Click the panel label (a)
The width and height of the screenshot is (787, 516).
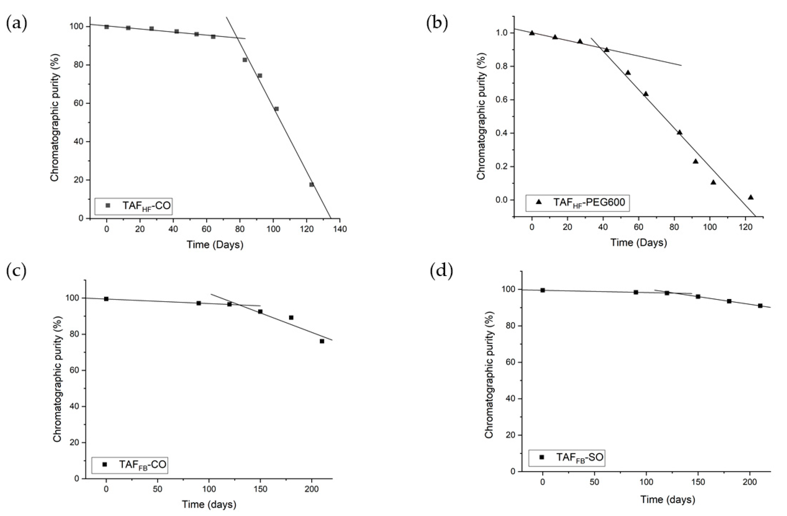[16, 24]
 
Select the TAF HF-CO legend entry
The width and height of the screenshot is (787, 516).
[133, 206]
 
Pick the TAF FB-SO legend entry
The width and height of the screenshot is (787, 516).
[567, 457]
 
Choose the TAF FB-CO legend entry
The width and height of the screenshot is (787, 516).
[129, 464]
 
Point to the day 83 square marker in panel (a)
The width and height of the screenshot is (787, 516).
[245, 60]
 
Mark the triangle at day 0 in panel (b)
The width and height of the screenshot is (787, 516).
[532, 33]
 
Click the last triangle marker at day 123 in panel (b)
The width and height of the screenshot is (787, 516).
[751, 197]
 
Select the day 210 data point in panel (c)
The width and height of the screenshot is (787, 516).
[322, 341]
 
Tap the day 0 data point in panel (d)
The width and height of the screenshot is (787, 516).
[543, 290]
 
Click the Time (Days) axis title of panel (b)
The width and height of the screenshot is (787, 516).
[638, 242]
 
